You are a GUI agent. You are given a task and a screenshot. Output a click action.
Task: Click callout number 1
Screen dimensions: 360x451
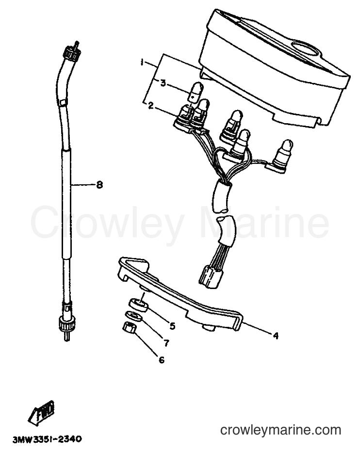coord(142,63)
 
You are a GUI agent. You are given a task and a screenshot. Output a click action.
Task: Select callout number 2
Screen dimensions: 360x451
coord(150,106)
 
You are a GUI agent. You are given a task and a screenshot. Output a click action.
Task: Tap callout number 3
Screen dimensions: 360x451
coord(163,83)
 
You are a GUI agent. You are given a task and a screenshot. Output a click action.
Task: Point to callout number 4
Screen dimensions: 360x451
coord(276,336)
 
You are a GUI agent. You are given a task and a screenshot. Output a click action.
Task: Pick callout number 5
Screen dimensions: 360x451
coord(172,326)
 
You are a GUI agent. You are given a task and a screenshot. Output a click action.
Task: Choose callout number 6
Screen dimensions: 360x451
coord(162,359)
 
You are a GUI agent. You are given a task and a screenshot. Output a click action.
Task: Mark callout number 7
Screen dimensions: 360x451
coord(166,343)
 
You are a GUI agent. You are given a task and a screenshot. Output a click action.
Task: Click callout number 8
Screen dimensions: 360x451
coord(99,184)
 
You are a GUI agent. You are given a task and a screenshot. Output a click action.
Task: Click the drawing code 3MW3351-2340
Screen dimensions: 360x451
coord(47,439)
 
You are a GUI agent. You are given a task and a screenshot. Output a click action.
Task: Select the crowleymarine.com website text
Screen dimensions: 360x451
coord(280,430)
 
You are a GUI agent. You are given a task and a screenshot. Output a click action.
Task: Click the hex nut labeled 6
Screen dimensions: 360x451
coord(129,328)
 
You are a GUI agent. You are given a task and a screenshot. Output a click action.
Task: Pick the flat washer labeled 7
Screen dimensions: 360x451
coord(134,316)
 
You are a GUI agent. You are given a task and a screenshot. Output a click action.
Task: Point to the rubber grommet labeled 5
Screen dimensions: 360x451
coord(138,305)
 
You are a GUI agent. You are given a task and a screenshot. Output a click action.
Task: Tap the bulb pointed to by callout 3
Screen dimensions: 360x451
coord(196,92)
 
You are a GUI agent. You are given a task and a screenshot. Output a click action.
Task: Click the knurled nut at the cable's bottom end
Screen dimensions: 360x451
coord(66,322)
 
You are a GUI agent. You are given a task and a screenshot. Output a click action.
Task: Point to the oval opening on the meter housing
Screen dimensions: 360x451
coord(305,48)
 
